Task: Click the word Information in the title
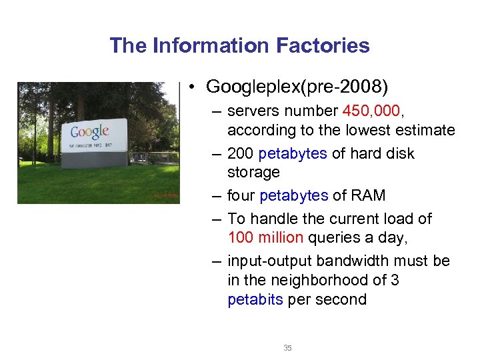pyautogui.click(x=208, y=45)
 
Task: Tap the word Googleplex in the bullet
pyautogui.click(x=255, y=87)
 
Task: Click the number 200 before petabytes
pyautogui.click(x=240, y=153)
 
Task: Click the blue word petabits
pyautogui.click(x=255, y=299)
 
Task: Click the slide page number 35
pyautogui.click(x=287, y=348)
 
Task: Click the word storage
pyautogui.click(x=253, y=172)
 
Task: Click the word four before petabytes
pyautogui.click(x=241, y=195)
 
